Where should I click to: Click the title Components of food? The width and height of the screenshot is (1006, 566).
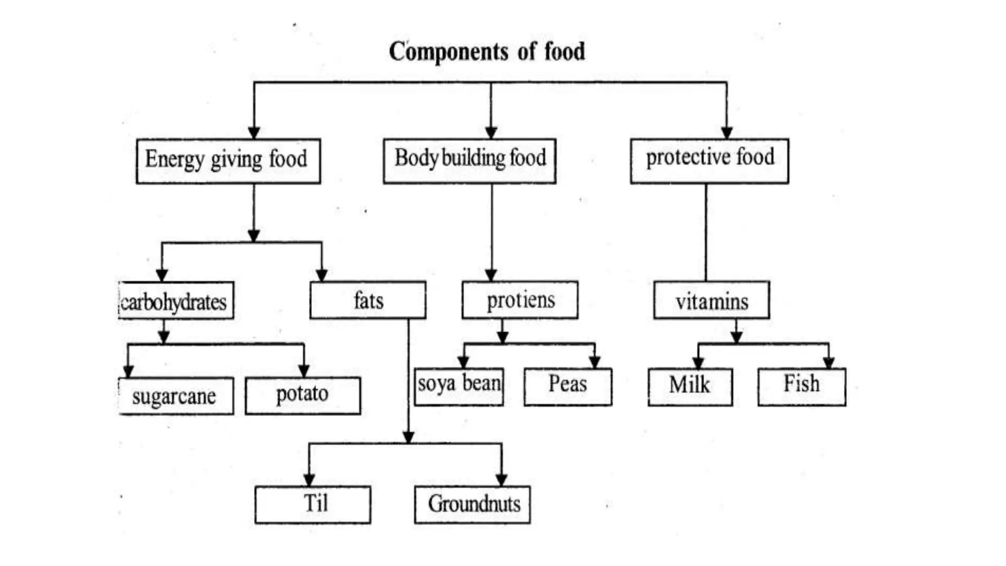[x=487, y=52]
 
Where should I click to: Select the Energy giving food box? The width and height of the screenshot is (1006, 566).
[x=228, y=161]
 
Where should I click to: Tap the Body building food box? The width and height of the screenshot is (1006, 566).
[x=470, y=161]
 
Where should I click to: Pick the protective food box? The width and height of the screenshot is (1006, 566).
[x=709, y=161]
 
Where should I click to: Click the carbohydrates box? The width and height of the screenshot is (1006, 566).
[x=175, y=301]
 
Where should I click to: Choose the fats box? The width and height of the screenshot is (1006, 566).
[x=368, y=300]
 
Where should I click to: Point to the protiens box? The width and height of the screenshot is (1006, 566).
[x=520, y=300]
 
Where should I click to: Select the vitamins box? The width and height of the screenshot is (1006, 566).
[x=711, y=300]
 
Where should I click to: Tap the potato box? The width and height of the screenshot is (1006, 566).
[x=303, y=396]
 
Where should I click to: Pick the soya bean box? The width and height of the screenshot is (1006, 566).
[x=459, y=387]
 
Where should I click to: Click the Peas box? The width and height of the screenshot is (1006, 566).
[x=568, y=387]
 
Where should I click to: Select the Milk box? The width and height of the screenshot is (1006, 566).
[x=690, y=387]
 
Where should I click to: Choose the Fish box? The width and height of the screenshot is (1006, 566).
[x=802, y=387]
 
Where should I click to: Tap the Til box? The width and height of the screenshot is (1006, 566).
[x=313, y=505]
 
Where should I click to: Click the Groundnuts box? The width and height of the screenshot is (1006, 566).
[x=472, y=505]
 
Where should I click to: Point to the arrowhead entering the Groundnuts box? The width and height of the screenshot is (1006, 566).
[x=502, y=480]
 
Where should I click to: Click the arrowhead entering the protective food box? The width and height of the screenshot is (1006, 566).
[x=727, y=133]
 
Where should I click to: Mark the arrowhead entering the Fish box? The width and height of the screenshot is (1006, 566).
[x=829, y=363]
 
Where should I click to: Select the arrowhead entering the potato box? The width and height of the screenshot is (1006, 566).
[x=304, y=371]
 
